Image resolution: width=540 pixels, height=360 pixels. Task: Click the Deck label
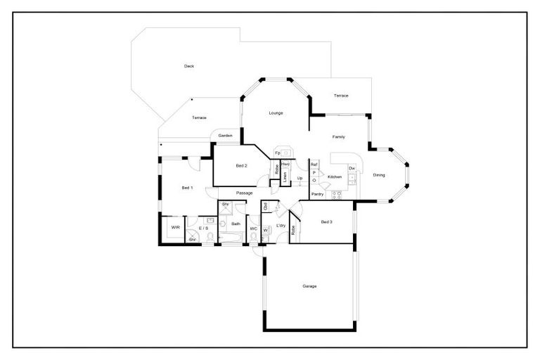coord(189,66)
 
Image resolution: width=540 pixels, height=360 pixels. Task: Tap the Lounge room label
coord(276,112)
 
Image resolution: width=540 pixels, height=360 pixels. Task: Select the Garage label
coord(309,286)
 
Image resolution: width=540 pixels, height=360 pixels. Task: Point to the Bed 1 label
coord(187,188)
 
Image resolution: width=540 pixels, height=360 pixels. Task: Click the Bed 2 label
coord(241,165)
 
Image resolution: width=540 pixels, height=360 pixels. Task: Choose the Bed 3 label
coord(326,222)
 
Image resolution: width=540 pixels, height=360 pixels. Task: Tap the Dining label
coord(379,175)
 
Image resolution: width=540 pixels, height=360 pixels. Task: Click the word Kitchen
coord(335,176)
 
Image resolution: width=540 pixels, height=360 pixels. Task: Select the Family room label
coord(338,136)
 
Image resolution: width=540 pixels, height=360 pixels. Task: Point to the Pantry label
coord(317,193)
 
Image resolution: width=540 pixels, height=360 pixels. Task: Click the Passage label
coord(244,193)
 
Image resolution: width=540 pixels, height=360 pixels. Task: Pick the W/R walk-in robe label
coord(175,228)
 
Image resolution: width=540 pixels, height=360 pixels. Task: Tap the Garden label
coord(225,135)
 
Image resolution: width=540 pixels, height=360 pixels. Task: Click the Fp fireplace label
coord(278,153)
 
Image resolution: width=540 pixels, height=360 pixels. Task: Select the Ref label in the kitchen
coord(314,164)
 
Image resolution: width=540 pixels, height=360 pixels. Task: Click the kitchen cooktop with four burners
coord(336,193)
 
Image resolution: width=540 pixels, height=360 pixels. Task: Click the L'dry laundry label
coord(280,225)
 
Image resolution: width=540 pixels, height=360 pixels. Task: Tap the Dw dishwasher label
coord(352,168)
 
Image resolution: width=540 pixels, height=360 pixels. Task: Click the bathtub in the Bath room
coord(231,240)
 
